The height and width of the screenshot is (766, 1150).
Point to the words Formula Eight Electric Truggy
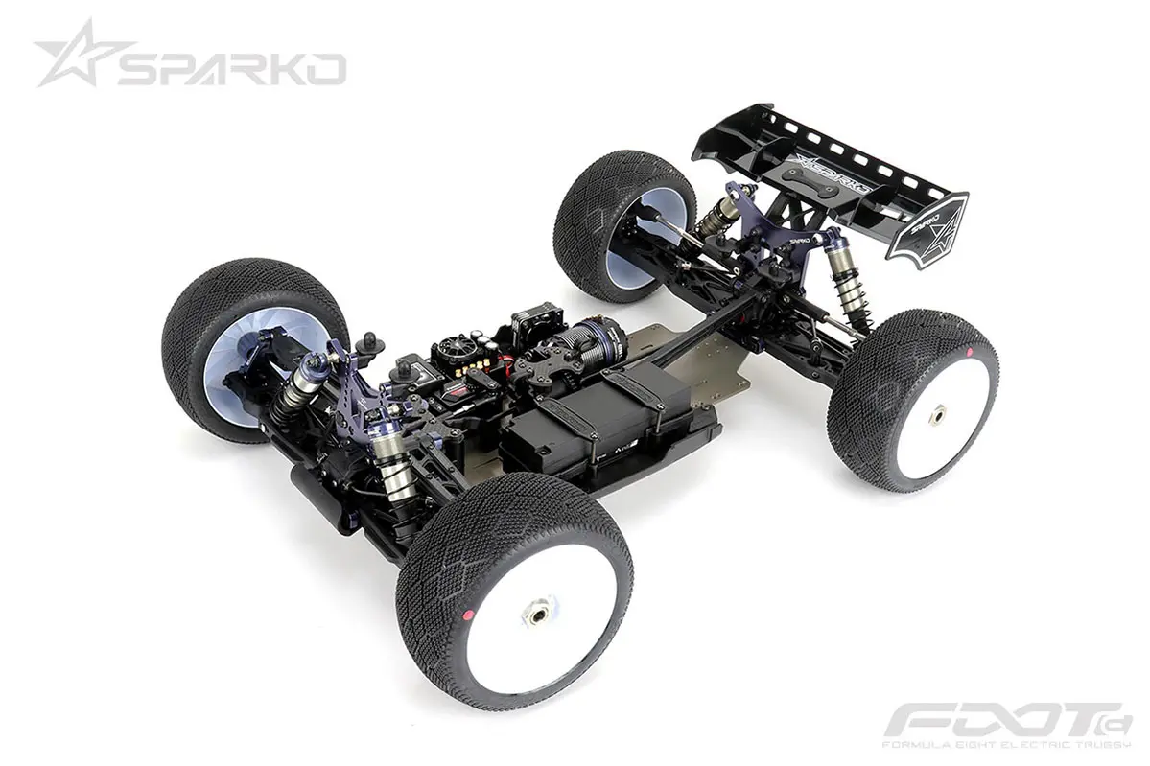tap(1007, 744)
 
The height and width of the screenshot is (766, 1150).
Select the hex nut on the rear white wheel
tap(937, 413)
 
